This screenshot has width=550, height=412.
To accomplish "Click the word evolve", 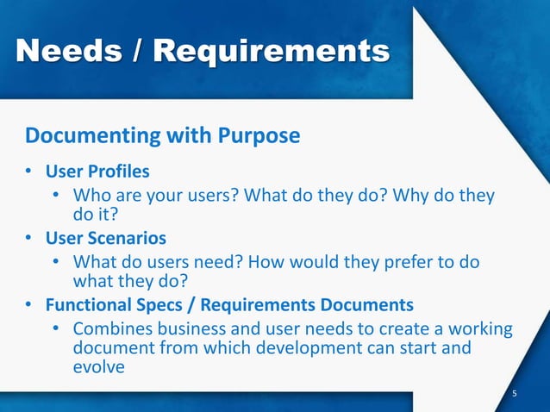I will (100, 367).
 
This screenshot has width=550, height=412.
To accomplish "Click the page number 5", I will (515, 394).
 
